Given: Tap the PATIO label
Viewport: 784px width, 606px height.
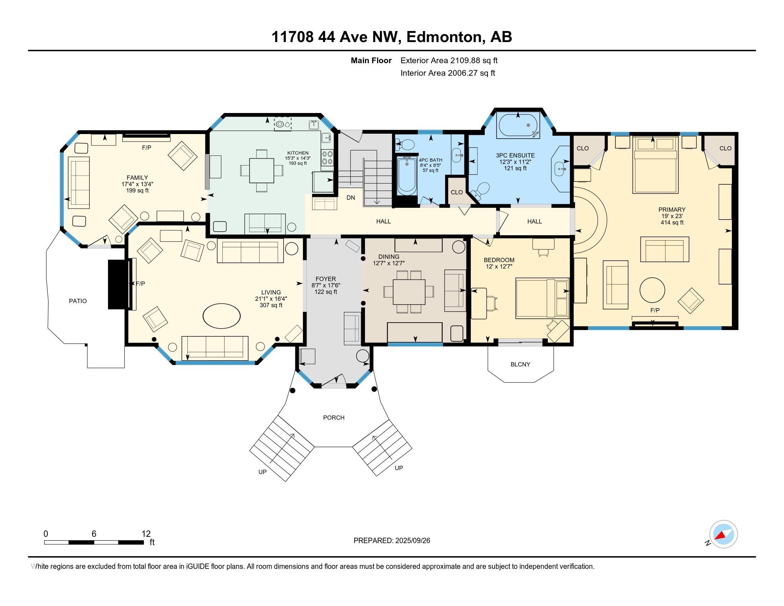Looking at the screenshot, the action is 78,301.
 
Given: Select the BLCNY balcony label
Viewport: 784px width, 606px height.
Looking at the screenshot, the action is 520,364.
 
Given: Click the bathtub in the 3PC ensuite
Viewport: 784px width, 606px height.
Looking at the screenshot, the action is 518,125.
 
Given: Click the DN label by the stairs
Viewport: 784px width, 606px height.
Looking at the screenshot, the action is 350,198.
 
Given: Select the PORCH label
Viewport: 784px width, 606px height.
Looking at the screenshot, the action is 334,417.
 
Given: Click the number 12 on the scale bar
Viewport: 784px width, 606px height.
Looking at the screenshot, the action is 146,534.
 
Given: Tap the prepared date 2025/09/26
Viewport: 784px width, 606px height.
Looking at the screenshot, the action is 412,540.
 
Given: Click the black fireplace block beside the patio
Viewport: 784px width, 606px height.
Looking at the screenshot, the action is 118,284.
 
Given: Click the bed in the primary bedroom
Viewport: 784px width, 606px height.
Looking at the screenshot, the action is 655,164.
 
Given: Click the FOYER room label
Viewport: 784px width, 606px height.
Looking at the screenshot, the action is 326,279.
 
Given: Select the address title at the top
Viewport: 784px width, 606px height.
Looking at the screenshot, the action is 392,37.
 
